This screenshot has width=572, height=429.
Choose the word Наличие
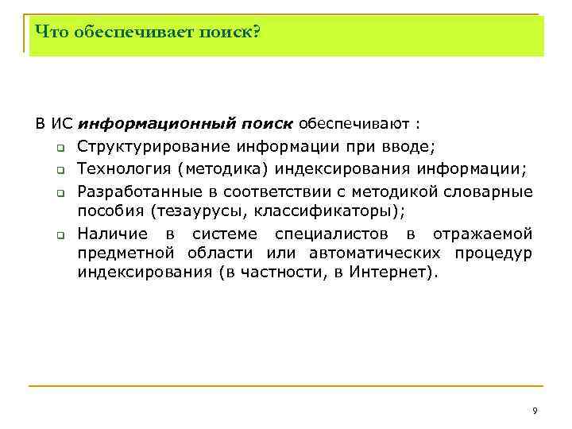click(x=112, y=234)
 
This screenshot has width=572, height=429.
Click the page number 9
click(x=535, y=410)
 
